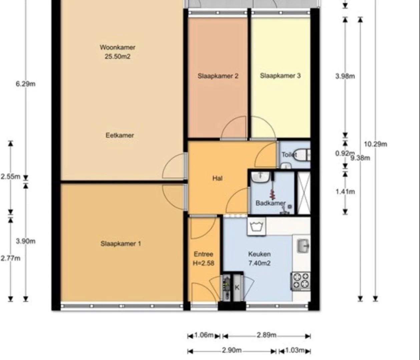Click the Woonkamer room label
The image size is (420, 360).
point(117,48)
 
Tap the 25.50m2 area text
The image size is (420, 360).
point(117,56)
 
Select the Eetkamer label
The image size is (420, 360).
point(120,135)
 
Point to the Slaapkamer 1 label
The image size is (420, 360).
point(121,243)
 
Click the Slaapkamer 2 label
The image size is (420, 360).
point(218,76)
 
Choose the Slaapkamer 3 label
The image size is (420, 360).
point(280,76)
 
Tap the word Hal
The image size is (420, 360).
point(218,178)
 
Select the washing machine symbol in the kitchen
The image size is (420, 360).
point(257,227)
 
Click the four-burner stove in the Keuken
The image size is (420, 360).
point(301,281)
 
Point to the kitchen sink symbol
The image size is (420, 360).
point(303,246)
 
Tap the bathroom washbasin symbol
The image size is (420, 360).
point(261,177)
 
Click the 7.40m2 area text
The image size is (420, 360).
point(260,263)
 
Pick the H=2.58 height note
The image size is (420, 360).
point(203,263)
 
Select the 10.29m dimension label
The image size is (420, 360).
point(376,144)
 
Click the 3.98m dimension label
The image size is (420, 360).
point(345,76)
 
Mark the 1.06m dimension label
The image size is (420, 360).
point(204,335)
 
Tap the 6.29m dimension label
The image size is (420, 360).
point(26,84)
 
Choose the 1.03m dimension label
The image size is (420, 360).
point(295,350)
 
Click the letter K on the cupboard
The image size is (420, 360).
point(237,288)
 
